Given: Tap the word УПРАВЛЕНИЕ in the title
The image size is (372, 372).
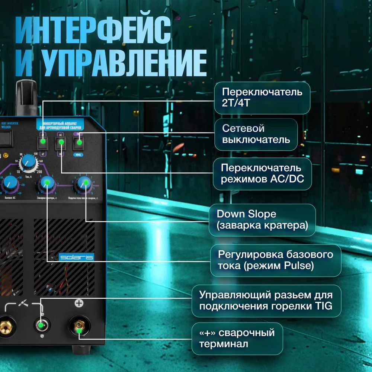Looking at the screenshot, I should (x=123, y=64).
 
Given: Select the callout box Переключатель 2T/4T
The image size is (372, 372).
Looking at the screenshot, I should (x=262, y=97).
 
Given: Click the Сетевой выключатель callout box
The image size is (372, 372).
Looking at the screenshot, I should (x=256, y=134).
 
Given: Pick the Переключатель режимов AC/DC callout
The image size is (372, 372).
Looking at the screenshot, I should (x=262, y=174).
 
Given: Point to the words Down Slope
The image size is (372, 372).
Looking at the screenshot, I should (x=247, y=214).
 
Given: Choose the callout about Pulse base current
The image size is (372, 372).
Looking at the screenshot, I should (x=275, y=260).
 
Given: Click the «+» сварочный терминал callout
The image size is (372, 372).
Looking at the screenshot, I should (x=237, y=338).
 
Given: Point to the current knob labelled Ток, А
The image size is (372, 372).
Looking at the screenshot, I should (x=27, y=162).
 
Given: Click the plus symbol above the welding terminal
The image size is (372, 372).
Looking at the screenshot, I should (x=79, y=303).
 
